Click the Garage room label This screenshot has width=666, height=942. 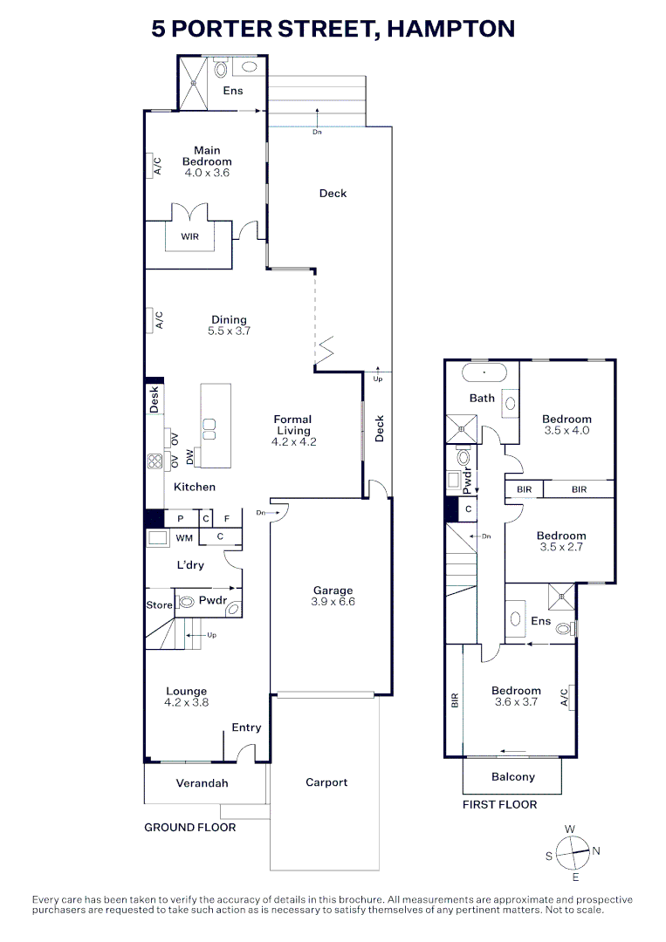pyautogui.click(x=333, y=590)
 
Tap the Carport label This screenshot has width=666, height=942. pyautogui.click(x=326, y=782)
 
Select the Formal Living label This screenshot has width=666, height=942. pyautogui.click(x=292, y=425)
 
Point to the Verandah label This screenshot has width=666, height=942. pyautogui.click(x=202, y=782)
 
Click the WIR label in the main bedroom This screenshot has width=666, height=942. pyautogui.click(x=190, y=236)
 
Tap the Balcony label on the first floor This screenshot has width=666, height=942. pyautogui.click(x=512, y=777)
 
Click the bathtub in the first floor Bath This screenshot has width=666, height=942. pyautogui.click(x=484, y=373)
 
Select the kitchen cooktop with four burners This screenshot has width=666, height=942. pyautogui.click(x=155, y=461)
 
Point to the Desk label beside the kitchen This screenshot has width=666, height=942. pyautogui.click(x=154, y=399)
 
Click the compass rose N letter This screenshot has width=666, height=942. pyautogui.click(x=596, y=850)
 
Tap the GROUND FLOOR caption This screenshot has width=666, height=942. pyautogui.click(x=190, y=827)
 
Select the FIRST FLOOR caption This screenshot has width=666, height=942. pyautogui.click(x=499, y=804)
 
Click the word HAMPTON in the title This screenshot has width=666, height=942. pyautogui.click(x=450, y=29)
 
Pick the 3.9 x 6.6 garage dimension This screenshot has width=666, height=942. pyautogui.click(x=333, y=601)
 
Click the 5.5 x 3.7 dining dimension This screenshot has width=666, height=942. pyautogui.click(x=229, y=331)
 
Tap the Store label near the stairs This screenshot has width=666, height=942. pyautogui.click(x=159, y=605)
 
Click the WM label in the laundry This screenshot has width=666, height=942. pyautogui.click(x=184, y=538)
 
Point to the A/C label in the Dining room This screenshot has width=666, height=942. pyautogui.click(x=159, y=319)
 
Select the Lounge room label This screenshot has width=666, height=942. pyautogui.click(x=186, y=692)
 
